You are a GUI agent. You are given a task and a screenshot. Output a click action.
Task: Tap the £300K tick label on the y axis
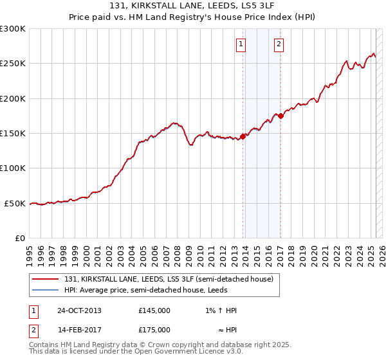tap(13, 29)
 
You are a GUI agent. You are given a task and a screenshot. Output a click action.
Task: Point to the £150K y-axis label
tap(13, 134)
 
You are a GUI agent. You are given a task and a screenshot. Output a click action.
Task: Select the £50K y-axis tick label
tap(15, 203)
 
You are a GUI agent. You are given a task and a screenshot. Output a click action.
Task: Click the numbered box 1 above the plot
tap(241, 44)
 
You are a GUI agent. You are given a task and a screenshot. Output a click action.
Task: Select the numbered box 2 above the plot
tap(279, 44)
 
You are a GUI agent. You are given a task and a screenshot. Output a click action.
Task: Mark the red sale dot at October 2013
tap(243, 136)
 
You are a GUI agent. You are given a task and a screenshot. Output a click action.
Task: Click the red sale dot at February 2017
tap(280, 116)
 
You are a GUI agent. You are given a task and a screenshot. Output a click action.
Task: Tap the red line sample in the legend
tap(45, 279)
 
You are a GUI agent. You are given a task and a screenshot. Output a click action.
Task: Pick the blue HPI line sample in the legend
tap(45, 289)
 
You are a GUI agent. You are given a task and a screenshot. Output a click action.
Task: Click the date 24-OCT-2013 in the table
tap(79, 310)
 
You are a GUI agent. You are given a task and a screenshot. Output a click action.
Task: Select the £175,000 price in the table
tap(154, 330)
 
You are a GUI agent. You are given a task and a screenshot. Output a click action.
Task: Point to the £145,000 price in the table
tap(154, 310)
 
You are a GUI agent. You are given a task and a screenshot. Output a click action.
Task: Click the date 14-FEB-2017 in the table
tap(79, 330)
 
